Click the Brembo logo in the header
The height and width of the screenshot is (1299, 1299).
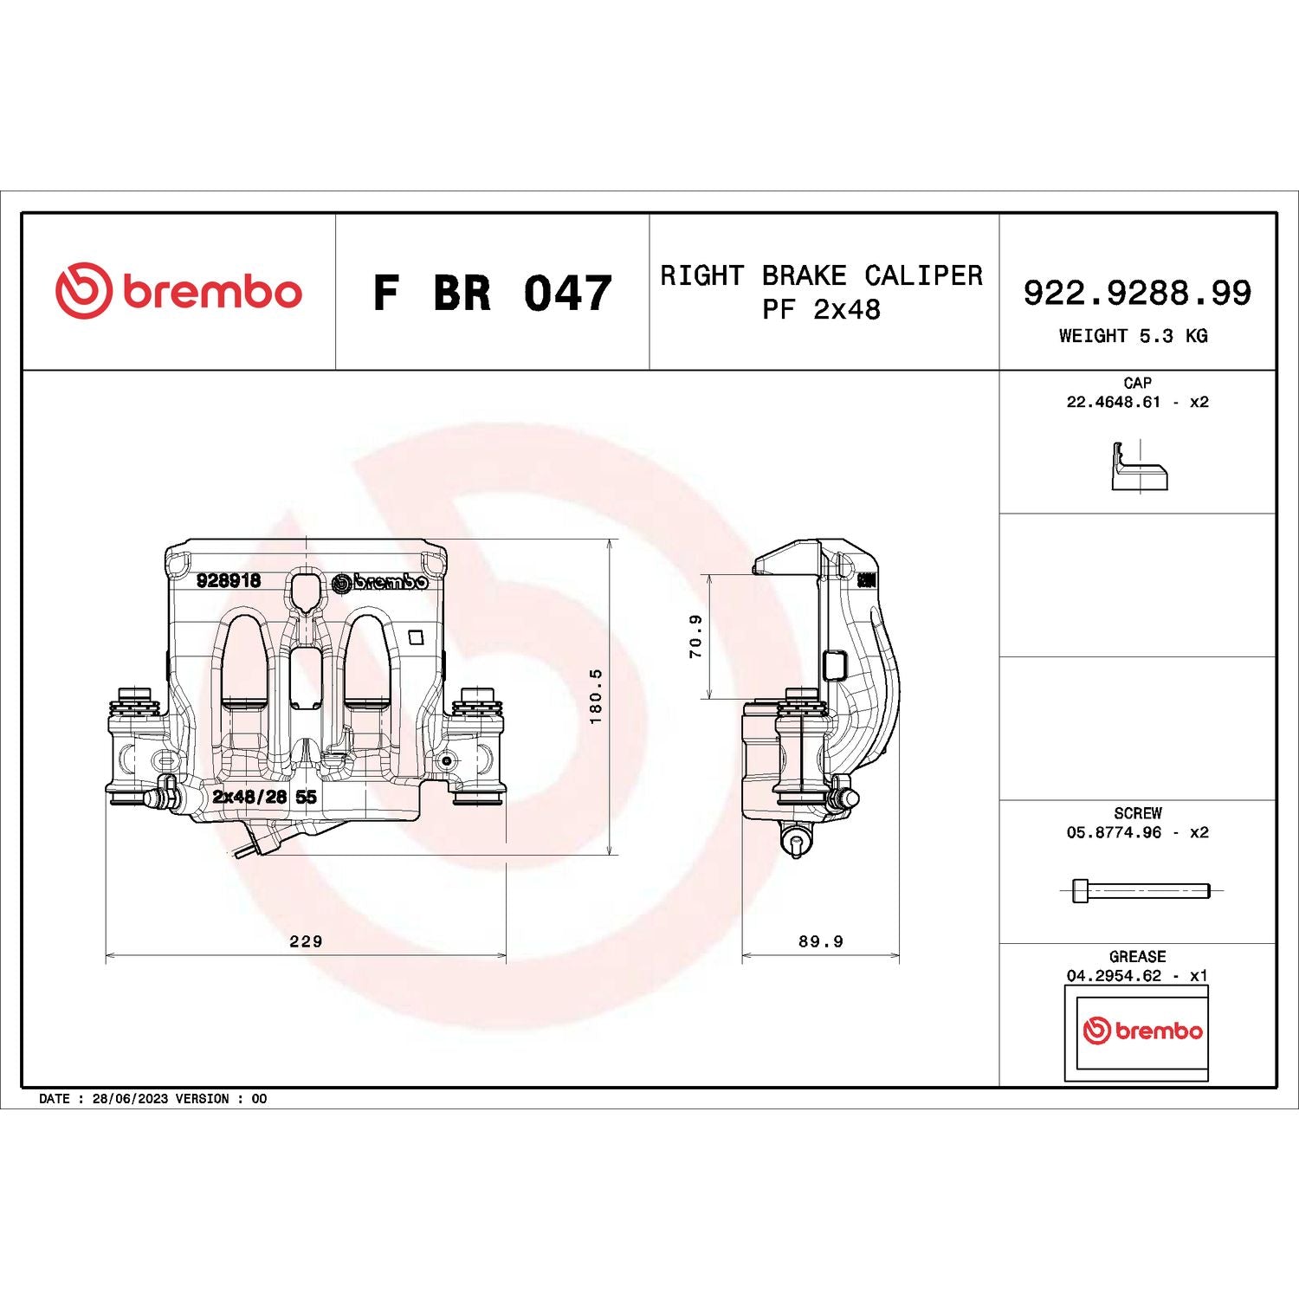(x=179, y=291)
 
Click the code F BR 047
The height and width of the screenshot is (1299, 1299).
(x=492, y=293)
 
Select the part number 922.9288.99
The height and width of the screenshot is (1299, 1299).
(x=1137, y=293)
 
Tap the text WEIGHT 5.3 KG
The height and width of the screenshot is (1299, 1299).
(x=1133, y=336)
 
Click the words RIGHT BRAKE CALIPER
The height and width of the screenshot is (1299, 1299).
(x=821, y=275)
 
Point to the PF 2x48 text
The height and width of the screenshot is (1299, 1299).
(x=821, y=309)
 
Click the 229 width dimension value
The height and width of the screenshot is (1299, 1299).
(x=306, y=940)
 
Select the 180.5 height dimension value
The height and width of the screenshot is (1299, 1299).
(x=595, y=696)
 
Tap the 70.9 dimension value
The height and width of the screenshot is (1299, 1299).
(x=695, y=637)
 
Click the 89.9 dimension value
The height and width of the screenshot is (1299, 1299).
(x=820, y=940)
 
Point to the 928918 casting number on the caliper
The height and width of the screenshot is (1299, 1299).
(x=229, y=580)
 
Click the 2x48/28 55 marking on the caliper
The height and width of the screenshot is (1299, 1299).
(x=264, y=797)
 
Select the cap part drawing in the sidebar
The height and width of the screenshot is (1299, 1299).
(x=1139, y=468)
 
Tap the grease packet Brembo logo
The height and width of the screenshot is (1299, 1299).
(x=1142, y=1031)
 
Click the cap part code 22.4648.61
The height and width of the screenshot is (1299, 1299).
(x=1113, y=402)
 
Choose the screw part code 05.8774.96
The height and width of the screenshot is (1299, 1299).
(x=1114, y=832)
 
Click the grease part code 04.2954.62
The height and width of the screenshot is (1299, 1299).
(x=1114, y=975)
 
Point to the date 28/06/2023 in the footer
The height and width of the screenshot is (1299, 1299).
(x=130, y=1098)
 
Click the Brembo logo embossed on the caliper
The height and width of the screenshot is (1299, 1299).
(x=380, y=582)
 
